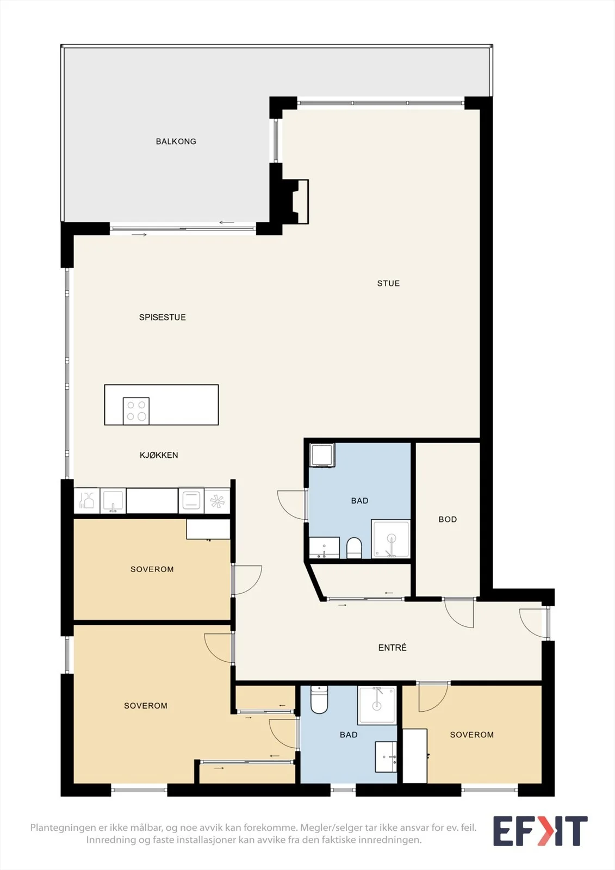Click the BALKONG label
[176, 141]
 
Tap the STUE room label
[388, 283]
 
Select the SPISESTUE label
[163, 318]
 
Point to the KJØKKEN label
[159, 455]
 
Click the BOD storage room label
[448, 519]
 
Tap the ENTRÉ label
[393, 648]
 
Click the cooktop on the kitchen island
[136, 411]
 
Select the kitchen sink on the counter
[113, 501]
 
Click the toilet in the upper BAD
[354, 548]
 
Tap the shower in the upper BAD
[391, 539]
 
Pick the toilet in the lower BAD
[319, 700]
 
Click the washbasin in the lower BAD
[386, 757]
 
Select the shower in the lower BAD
[377, 705]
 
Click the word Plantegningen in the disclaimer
[63, 827]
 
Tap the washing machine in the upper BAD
[322, 455]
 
